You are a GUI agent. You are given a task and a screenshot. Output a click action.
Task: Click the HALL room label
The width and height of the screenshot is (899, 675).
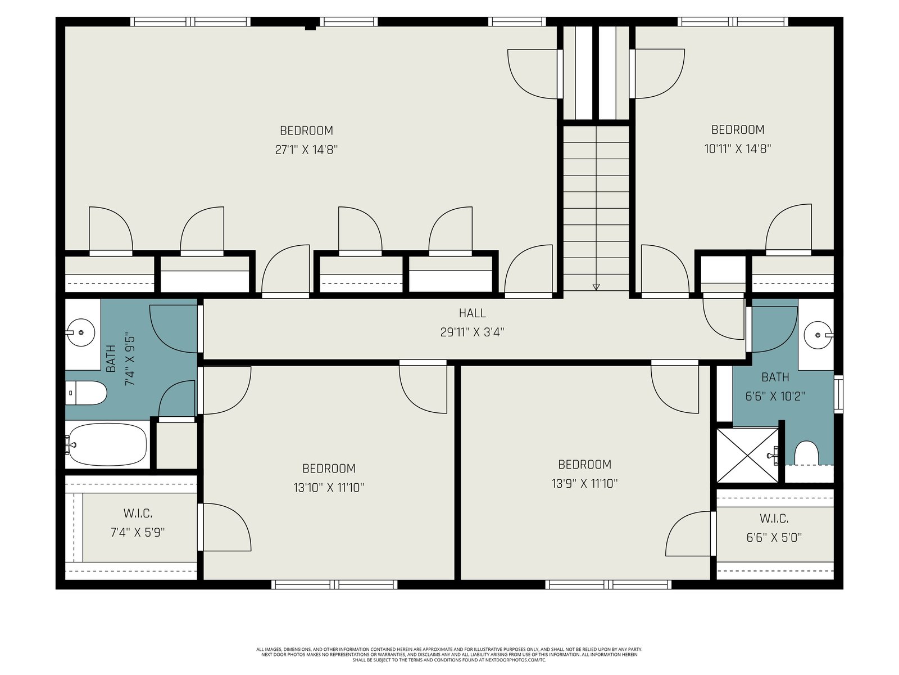472,313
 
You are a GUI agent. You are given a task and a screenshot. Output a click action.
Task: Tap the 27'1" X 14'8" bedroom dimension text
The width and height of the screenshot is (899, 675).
306,150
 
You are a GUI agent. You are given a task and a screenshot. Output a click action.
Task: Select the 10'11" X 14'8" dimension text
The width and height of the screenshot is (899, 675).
737,148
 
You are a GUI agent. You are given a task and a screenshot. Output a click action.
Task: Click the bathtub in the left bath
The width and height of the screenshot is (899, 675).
107,444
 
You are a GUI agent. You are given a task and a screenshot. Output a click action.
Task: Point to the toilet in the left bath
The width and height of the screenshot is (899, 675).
87,393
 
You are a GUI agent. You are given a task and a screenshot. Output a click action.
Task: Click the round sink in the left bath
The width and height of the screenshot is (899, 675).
81,332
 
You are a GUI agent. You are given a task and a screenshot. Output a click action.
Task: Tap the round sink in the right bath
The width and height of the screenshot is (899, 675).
818,335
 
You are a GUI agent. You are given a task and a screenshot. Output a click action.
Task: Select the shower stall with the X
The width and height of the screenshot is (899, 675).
747,455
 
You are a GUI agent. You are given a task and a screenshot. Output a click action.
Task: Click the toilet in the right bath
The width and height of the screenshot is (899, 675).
806,453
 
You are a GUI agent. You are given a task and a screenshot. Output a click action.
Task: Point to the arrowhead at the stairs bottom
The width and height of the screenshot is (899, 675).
596,287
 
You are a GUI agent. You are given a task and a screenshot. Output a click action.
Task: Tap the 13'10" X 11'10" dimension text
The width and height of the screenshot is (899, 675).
329,488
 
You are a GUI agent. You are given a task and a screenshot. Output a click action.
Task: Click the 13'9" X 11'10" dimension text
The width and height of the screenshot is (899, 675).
584,484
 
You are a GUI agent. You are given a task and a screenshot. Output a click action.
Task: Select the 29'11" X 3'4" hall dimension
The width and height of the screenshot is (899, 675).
472,332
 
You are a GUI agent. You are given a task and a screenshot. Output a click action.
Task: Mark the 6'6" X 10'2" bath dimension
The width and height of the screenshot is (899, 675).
775,397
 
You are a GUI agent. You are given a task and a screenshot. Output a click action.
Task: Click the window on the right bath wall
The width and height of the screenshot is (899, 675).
838,394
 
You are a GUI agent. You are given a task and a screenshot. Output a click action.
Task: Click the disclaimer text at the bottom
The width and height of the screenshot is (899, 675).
449,655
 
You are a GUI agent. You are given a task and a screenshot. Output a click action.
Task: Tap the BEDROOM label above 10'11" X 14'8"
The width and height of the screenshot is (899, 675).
738,130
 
